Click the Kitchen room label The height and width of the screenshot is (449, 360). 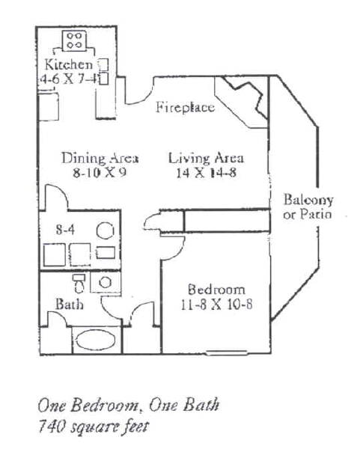pyautogui.click(x=68, y=64)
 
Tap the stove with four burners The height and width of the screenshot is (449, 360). pyautogui.click(x=74, y=41)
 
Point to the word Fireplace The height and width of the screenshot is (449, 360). pyautogui.click(x=186, y=108)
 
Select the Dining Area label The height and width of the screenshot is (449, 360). pyautogui.click(x=100, y=158)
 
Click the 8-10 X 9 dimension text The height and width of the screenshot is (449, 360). pyautogui.click(x=100, y=173)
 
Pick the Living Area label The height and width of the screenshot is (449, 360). pyautogui.click(x=207, y=158)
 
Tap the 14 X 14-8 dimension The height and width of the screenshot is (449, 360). pyautogui.click(x=207, y=173)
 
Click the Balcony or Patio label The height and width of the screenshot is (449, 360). pyautogui.click(x=308, y=207)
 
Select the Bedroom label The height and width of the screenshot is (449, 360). pyautogui.click(x=216, y=290)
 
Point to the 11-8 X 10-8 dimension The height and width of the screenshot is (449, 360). pyautogui.click(x=216, y=305)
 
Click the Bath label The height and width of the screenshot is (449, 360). pyautogui.click(x=70, y=304)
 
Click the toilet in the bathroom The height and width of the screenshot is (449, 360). pyautogui.click(x=79, y=283)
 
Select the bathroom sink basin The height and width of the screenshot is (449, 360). pyautogui.click(x=105, y=282)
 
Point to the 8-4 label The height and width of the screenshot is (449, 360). pyautogui.click(x=65, y=230)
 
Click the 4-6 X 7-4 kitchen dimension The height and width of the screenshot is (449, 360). pyautogui.click(x=69, y=79)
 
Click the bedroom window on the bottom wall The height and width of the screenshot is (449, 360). pyautogui.click(x=227, y=352)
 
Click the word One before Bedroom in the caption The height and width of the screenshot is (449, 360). pyautogui.click(x=52, y=406)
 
